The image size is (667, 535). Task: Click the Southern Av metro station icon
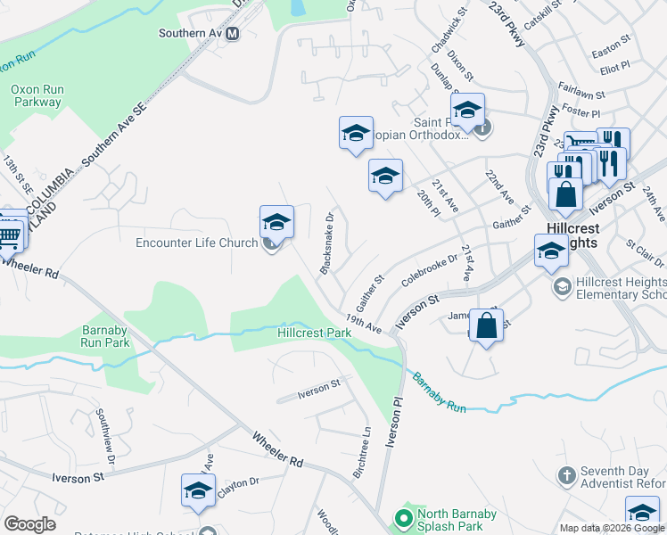[x=233, y=34]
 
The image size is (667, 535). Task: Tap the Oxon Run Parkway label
[x=36, y=95]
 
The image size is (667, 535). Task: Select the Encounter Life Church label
[x=196, y=243]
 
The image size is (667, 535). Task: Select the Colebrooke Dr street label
[x=429, y=270]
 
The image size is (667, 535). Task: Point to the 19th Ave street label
[x=365, y=324]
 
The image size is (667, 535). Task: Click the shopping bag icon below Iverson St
[x=487, y=325]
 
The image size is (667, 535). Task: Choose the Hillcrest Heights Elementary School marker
[x=563, y=286]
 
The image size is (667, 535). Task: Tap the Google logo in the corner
[x=29, y=524]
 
